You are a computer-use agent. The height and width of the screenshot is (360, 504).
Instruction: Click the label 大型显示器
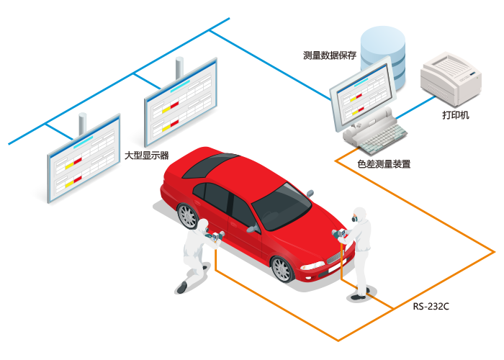click(x=147, y=156)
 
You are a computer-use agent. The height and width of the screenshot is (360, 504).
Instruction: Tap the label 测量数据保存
click(x=330, y=55)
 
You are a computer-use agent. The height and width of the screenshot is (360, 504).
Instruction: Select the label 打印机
click(x=456, y=114)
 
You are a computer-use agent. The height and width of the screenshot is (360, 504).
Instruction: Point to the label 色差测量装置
click(x=384, y=164)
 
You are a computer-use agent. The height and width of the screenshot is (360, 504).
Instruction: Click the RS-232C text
click(x=431, y=306)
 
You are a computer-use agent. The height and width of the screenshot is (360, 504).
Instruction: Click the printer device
click(x=451, y=78)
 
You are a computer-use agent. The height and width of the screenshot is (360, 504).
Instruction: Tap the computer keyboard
click(x=382, y=140)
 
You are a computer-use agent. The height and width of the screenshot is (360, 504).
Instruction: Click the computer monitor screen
click(x=363, y=95)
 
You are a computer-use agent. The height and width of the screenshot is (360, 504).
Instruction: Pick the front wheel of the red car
click(x=282, y=269)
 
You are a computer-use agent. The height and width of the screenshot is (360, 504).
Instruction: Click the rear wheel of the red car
click(x=187, y=216)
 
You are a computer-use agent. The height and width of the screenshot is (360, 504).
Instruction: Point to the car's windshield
click(x=282, y=207)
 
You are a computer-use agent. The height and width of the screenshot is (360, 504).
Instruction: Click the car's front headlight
click(x=312, y=266)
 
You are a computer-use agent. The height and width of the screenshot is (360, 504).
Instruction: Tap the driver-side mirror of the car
click(x=254, y=228)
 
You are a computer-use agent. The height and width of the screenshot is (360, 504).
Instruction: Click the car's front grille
click(x=334, y=257)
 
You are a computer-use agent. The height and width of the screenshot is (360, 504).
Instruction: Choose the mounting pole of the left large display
click(x=83, y=124)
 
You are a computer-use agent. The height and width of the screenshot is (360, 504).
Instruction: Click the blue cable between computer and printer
click(x=415, y=107)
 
